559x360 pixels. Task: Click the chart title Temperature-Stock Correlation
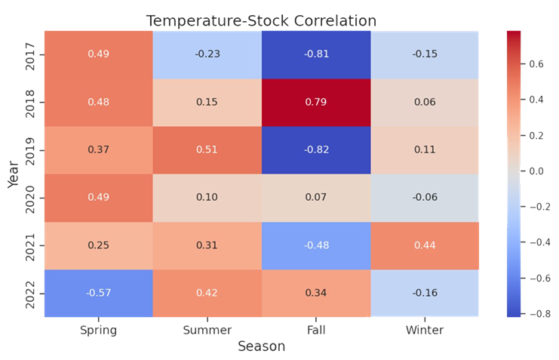[261, 20]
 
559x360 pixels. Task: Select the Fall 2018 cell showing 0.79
[315, 102]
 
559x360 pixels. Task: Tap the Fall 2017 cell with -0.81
[315, 54]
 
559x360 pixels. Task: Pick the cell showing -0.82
[315, 149]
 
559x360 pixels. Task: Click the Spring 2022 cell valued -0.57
[98, 293]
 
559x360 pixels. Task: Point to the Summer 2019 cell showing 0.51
[207, 149]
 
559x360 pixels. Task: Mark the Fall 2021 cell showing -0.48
[315, 245]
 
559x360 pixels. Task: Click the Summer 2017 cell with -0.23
[207, 54]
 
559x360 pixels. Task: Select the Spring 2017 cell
[98, 54]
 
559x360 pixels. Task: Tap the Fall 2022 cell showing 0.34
[315, 293]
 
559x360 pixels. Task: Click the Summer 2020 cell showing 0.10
[207, 197]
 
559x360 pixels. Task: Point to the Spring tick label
[98, 330]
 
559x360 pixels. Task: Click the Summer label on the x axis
[207, 330]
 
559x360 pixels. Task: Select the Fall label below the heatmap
[315, 330]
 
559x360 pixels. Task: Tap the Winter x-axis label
[424, 330]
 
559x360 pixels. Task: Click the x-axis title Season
[261, 346]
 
